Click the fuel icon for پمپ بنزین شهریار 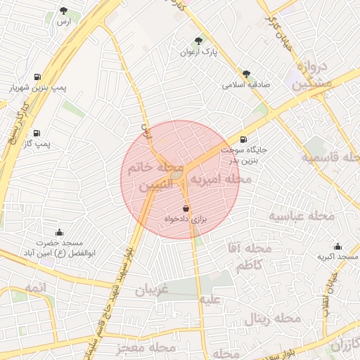coord(37,77)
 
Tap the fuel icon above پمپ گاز coord(37,133)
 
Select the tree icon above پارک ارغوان coord(198,41)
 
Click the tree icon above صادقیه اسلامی coord(246,74)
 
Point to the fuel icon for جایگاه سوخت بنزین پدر coord(243,140)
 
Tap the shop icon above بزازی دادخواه coord(186,209)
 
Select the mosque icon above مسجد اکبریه coord(337,246)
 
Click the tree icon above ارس coord(64,11)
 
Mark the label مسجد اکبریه coord(334,257)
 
